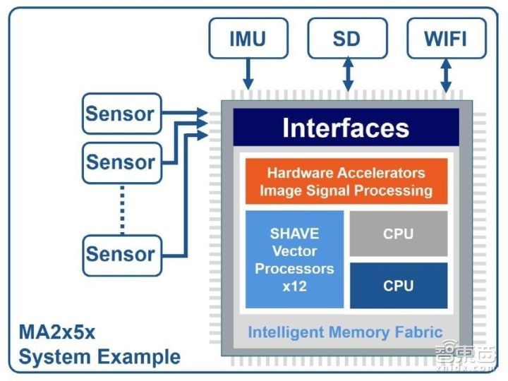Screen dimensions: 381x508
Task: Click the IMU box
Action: click(x=248, y=38)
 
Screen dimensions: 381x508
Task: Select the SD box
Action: click(x=347, y=38)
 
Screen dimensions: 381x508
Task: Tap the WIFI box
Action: click(x=446, y=38)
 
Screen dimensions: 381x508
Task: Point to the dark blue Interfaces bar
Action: click(x=346, y=128)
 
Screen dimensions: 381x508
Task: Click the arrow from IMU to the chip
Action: click(x=248, y=73)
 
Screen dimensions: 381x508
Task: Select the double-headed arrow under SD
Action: click(x=347, y=74)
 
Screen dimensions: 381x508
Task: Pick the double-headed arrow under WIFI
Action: click(x=446, y=74)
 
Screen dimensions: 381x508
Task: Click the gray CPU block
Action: click(x=398, y=234)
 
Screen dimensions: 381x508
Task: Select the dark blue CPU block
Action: click(x=398, y=286)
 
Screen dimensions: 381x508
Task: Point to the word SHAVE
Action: click(x=294, y=234)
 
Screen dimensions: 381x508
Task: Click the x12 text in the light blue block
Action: click(x=294, y=286)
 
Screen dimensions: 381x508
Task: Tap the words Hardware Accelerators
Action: click(x=346, y=173)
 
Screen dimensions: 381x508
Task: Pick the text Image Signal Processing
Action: click(x=346, y=190)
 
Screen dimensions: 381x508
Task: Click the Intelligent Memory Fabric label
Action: click(x=345, y=332)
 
